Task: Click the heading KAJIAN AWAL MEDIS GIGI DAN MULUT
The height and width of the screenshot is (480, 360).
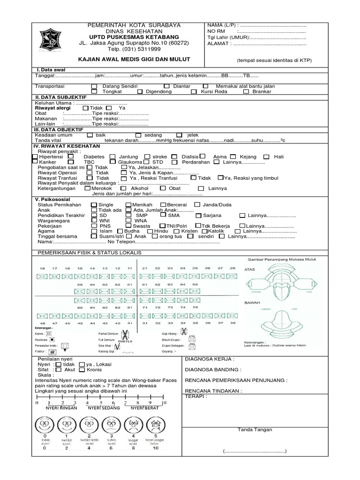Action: pyautogui.click(x=135, y=60)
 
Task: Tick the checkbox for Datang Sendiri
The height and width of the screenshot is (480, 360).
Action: pyautogui.click(x=95, y=86)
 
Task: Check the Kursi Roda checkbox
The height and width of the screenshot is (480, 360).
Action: pyautogui.click(x=194, y=92)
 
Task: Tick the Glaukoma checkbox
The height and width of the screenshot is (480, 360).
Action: pyautogui.click(x=112, y=162)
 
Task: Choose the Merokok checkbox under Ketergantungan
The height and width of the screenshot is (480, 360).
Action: pyautogui.click(x=88, y=188)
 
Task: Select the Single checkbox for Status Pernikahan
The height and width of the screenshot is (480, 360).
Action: pyautogui.click(x=94, y=205)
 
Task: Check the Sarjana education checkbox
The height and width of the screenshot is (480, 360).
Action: pyautogui.click(x=199, y=216)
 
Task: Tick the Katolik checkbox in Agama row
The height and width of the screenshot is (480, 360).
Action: pyautogui.click(x=204, y=231)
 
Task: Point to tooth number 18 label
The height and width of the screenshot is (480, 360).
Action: pyautogui.click(x=42, y=268)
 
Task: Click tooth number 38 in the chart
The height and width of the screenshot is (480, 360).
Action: pyautogui.click(x=232, y=323)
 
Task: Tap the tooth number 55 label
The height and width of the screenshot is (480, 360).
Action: pyautogui.click(x=80, y=285)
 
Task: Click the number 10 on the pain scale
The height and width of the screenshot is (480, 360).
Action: pyautogui.click(x=164, y=403)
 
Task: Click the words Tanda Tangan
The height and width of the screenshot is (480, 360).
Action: pyautogui.click(x=255, y=430)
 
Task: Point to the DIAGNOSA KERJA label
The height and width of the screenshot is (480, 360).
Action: pyautogui.click(x=210, y=360)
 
